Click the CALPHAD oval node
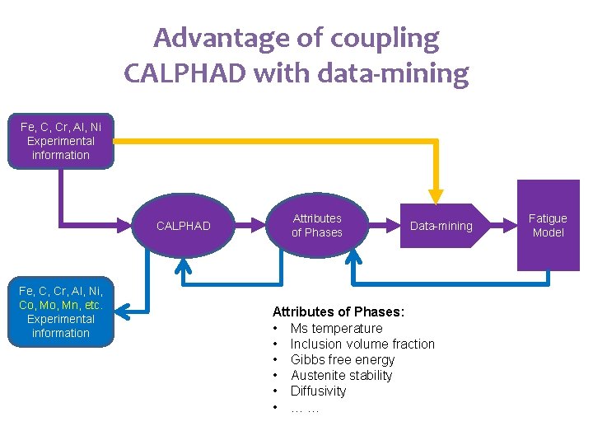coord(183,226)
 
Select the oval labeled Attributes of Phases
coord(317,226)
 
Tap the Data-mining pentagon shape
coord(441,226)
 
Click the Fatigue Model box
coord(548,225)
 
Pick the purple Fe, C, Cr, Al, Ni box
coord(60,142)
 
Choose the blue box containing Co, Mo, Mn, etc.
coord(60,311)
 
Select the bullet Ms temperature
coord(336,328)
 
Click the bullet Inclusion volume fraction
coord(362,344)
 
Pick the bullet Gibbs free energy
coord(343,359)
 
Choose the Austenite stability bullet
coord(341,375)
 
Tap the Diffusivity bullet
coord(318,391)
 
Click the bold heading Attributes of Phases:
coord(339,311)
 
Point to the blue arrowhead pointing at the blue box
coord(122,311)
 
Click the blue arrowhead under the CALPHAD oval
coord(184,265)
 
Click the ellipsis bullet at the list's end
coord(305,407)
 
